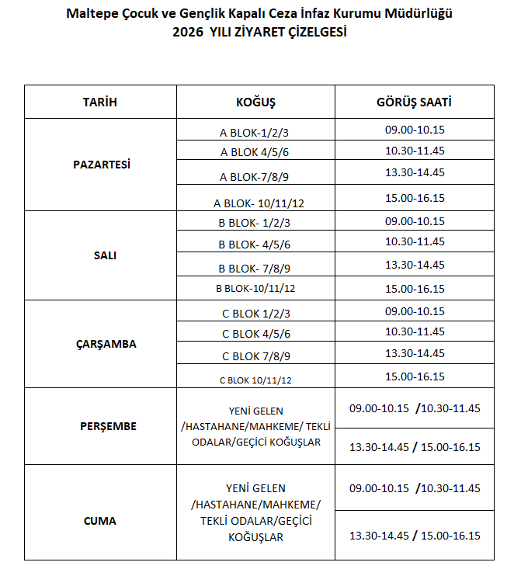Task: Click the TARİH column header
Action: point(100,102)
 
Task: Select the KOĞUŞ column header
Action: point(255,102)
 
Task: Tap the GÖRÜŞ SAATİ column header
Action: point(415,102)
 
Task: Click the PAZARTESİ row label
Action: point(101,165)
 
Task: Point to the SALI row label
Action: point(101,255)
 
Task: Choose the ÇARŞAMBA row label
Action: point(101,344)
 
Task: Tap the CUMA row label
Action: point(100,521)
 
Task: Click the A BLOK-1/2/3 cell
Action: point(255,131)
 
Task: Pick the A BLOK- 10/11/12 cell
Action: point(259,203)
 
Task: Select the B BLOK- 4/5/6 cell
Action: point(255,245)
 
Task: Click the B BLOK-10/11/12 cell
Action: point(255,289)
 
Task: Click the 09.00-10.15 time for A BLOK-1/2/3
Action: point(415,129)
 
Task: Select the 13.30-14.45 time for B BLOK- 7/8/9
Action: point(415,265)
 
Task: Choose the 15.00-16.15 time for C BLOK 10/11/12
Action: point(415,376)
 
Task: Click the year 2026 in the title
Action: point(189,32)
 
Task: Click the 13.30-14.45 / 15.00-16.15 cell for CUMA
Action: point(415,536)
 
